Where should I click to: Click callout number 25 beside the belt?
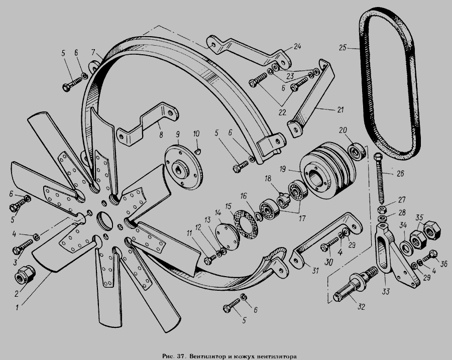(342, 48)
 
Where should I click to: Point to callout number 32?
(361, 307)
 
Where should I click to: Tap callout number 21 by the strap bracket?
(340, 110)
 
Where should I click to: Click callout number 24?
(297, 46)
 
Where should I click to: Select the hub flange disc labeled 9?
(183, 167)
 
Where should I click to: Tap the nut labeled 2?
(25, 274)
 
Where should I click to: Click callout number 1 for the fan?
(17, 308)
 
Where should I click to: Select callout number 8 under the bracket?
(161, 135)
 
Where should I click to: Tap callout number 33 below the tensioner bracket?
(386, 292)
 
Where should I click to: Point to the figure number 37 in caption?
(180, 356)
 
